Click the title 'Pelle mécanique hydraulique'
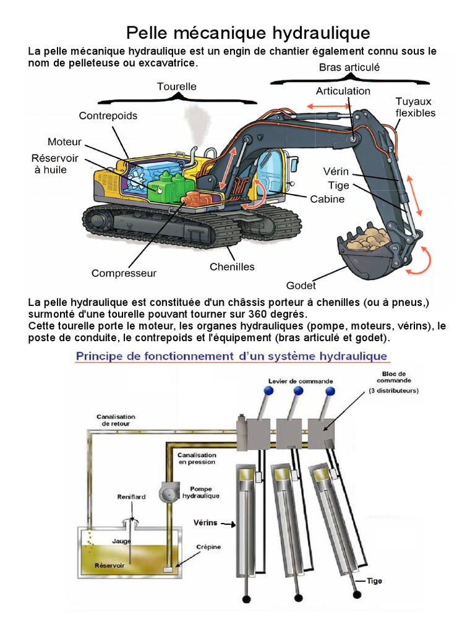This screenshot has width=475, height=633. click(x=248, y=32)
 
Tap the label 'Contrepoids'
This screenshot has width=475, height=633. click(x=108, y=116)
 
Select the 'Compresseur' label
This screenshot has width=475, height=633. click(x=124, y=273)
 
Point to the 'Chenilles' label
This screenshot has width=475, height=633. click(x=232, y=267)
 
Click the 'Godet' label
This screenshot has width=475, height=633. click(x=301, y=286)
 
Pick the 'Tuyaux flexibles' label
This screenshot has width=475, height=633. click(x=416, y=107)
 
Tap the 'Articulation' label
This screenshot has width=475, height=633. click(x=343, y=91)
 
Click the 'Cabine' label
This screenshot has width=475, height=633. click(x=327, y=199)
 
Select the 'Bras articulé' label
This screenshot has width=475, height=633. click(x=349, y=67)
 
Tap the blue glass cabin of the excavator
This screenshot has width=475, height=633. click(x=270, y=170)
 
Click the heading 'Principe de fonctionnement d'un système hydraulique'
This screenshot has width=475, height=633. click(x=231, y=356)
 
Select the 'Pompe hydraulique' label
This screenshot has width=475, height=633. click(x=200, y=492)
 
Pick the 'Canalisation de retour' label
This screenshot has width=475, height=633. click(x=116, y=420)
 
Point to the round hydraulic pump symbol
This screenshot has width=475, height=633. click(x=168, y=492)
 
